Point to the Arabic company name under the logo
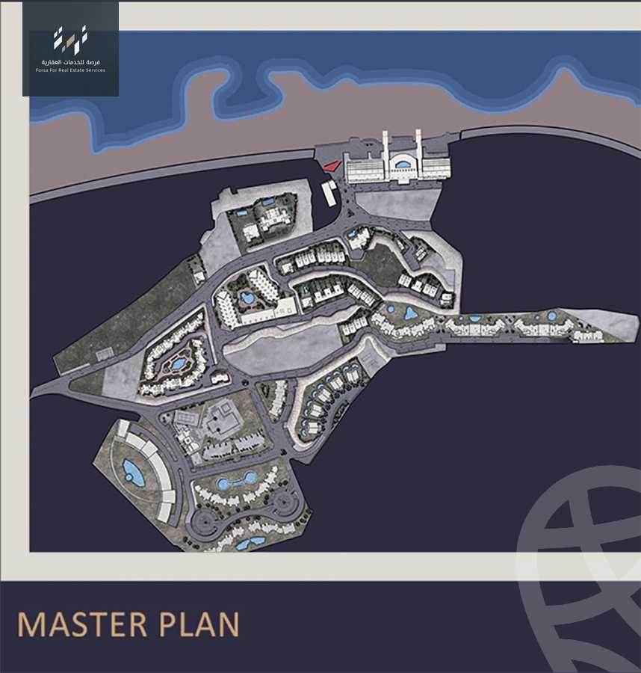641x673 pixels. [70, 61]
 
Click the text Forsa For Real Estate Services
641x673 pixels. [70, 70]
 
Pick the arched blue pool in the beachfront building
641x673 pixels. [403, 164]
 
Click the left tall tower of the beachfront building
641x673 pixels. [385, 150]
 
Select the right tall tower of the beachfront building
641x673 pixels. [418, 150]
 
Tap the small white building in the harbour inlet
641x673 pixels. [329, 192]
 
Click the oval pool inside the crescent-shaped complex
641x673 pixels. [133, 472]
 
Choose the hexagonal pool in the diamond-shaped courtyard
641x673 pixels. [178, 364]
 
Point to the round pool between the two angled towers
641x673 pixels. [247, 298]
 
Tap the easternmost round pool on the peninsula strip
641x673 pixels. [551, 316]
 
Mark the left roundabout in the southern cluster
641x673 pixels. [202, 519]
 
